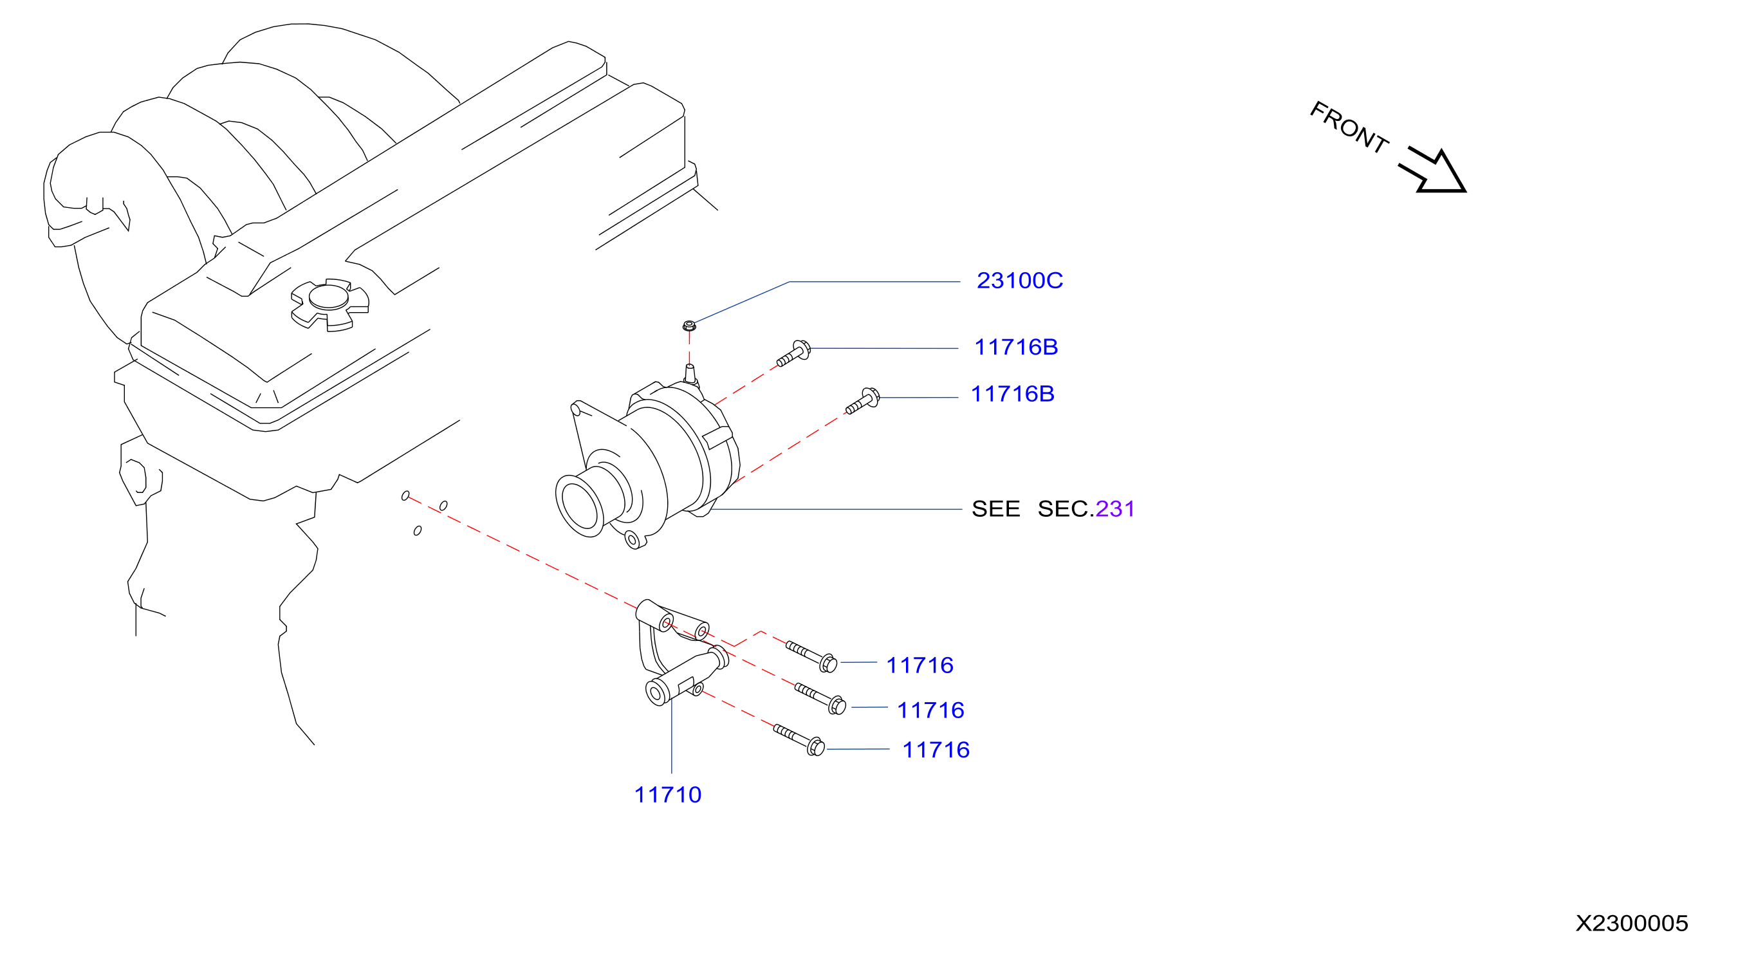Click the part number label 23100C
(x=1019, y=280)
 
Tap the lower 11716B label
(x=1012, y=393)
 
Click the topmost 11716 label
(x=920, y=665)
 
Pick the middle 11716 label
(x=930, y=710)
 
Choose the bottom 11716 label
(x=936, y=749)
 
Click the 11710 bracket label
(x=667, y=794)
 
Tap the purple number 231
(x=1114, y=508)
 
